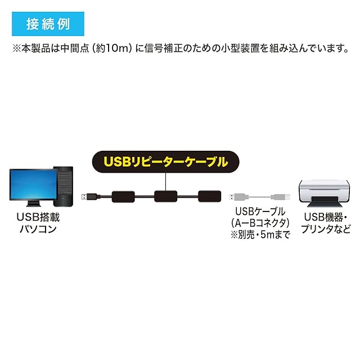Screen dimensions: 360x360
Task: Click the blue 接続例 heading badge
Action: click(47, 24)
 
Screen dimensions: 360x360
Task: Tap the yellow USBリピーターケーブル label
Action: click(165, 162)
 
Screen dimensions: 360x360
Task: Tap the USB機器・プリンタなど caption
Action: click(326, 223)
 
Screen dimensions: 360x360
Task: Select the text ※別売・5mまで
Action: click(260, 235)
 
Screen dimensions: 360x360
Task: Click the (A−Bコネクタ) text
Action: click(260, 223)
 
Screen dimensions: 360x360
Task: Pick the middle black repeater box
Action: click(166, 196)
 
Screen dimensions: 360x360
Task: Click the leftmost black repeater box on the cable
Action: click(123, 196)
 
